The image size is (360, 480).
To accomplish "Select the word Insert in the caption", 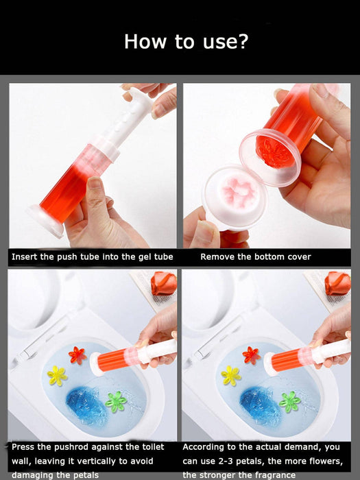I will click(x=26, y=257).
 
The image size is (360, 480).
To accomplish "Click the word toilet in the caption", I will click(x=149, y=447).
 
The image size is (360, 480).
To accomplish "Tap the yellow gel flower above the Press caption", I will click(x=56, y=374).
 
